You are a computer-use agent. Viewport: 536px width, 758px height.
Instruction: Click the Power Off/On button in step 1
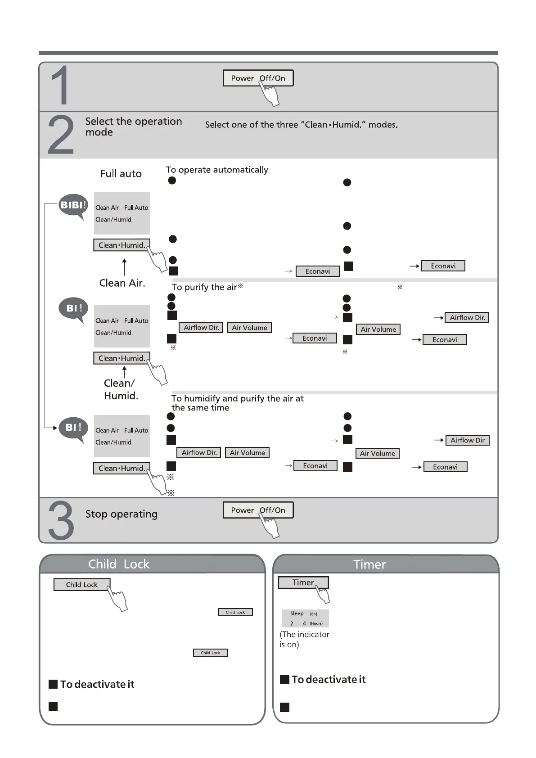pyautogui.click(x=258, y=78)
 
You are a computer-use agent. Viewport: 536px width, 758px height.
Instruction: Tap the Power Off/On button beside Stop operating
pyautogui.click(x=258, y=510)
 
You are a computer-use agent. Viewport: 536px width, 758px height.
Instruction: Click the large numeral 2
pyautogui.click(x=61, y=135)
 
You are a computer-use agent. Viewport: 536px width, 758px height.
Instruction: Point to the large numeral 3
pyautogui.click(x=61, y=521)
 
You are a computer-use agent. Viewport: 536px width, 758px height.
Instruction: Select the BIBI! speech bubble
pyautogui.click(x=73, y=206)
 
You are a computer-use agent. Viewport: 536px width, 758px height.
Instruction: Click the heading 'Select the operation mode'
pyautogui.click(x=133, y=126)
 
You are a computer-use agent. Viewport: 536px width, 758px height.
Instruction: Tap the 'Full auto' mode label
pyautogui.click(x=121, y=174)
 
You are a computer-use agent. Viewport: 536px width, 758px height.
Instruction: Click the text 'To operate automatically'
pyautogui.click(x=216, y=170)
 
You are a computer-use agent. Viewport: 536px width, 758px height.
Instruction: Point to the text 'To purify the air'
pyautogui.click(x=204, y=287)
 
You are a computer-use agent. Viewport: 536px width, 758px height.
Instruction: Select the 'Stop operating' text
pyautogui.click(x=121, y=514)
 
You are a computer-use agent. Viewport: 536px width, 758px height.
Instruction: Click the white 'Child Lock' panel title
pyautogui.click(x=119, y=564)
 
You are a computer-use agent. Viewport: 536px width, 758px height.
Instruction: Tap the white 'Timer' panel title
pyautogui.click(x=369, y=564)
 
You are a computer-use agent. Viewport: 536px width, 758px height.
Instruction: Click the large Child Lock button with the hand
pyautogui.click(x=81, y=585)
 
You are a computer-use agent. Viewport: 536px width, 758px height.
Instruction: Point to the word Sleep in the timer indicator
pyautogui.click(x=297, y=614)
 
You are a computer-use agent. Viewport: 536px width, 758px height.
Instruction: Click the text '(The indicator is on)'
pyautogui.click(x=304, y=639)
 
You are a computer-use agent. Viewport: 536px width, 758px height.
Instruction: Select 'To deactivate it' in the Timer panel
pyautogui.click(x=328, y=679)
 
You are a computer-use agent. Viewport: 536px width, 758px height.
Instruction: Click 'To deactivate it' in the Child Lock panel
pyautogui.click(x=97, y=684)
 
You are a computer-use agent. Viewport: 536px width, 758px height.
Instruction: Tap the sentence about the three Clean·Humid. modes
pyautogui.click(x=301, y=125)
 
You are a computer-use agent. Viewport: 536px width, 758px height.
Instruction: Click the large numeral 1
pyautogui.click(x=60, y=86)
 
